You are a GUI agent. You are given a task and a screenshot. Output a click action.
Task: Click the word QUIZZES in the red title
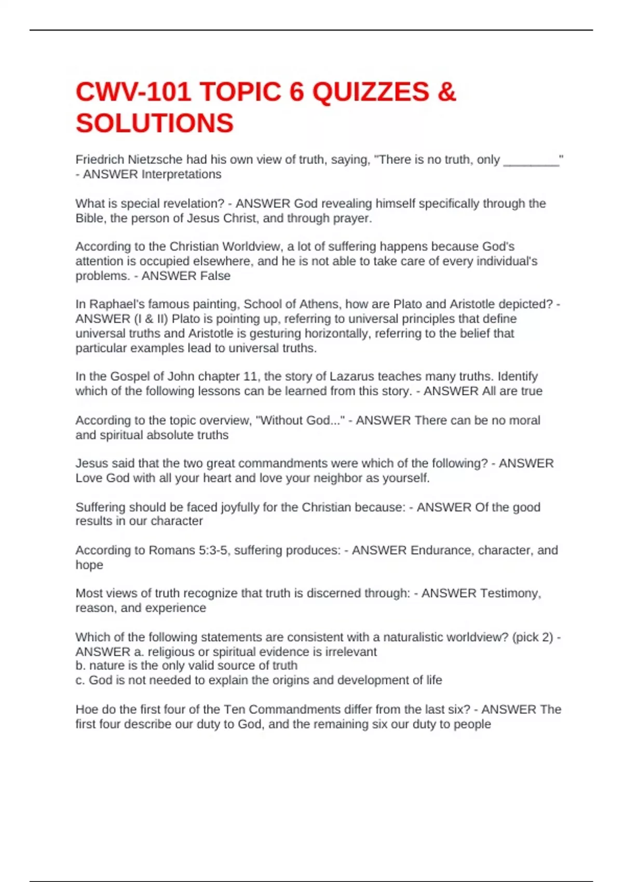[x=371, y=92]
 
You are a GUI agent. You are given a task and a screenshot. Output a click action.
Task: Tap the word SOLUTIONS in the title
[x=155, y=123]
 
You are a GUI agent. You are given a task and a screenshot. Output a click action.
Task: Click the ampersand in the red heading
[x=446, y=92]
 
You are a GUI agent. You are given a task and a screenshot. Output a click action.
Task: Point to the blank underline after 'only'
[x=531, y=162]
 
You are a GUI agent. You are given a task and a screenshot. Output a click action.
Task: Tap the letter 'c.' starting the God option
[x=80, y=680]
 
